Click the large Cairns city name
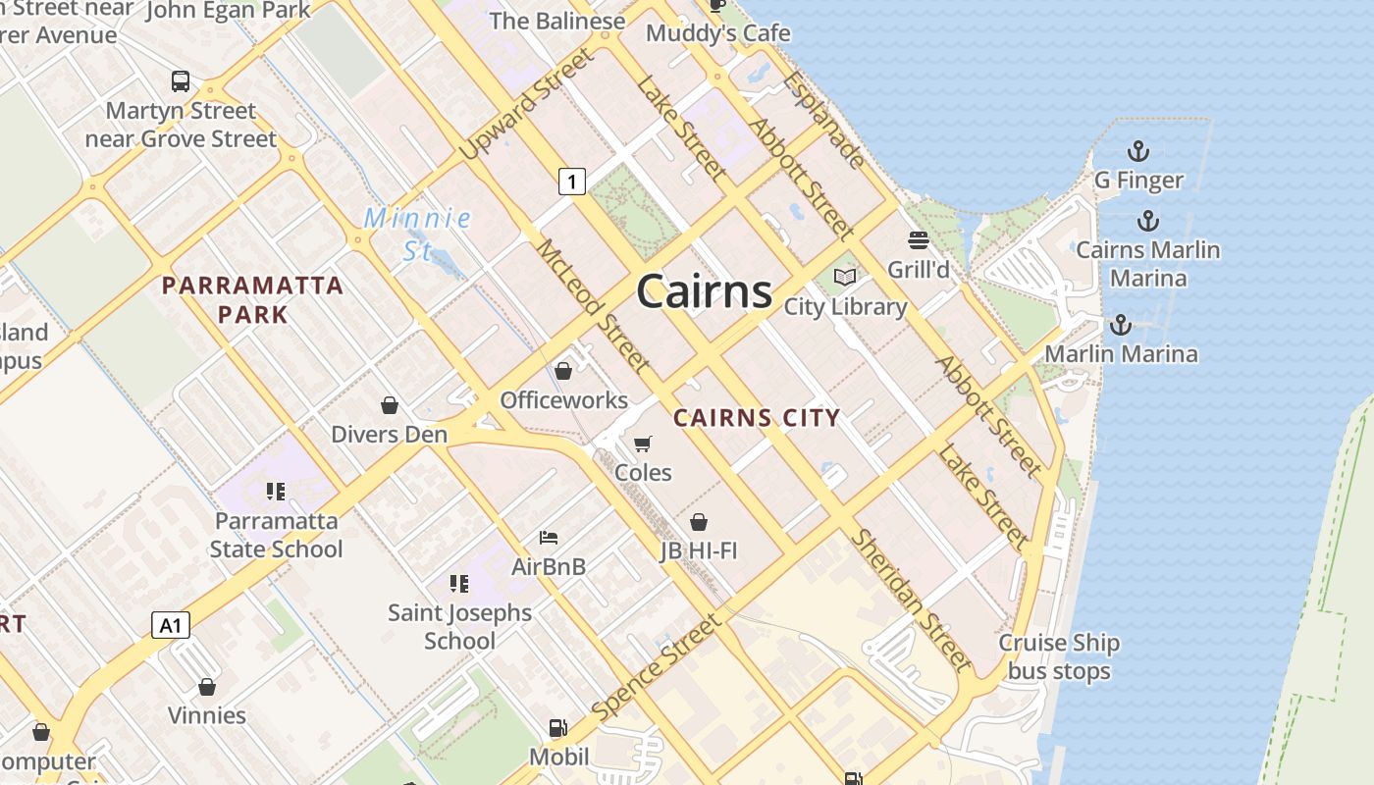point(704,292)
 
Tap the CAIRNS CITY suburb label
point(757,418)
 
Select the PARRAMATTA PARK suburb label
point(252,299)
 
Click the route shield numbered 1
point(571,181)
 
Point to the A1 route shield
point(170,625)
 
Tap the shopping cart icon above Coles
point(643,445)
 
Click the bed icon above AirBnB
point(549,538)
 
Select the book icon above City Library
point(844,278)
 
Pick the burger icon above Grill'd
point(919,240)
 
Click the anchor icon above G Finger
point(1137,152)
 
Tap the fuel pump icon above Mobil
point(557,728)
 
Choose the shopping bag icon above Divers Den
point(390,405)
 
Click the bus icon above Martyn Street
point(181,81)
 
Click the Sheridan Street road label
point(911,600)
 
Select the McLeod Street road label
point(592,306)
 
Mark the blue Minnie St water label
point(418,234)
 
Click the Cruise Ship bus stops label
point(1059,656)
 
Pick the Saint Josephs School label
point(459,626)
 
